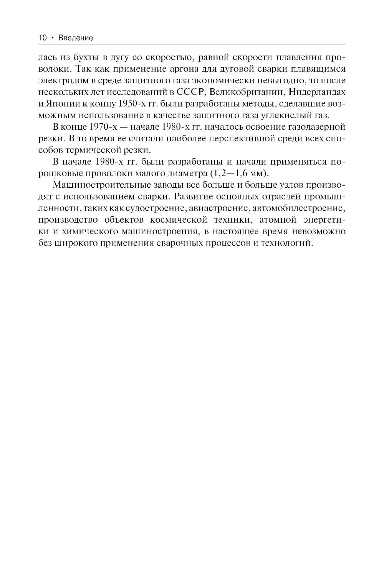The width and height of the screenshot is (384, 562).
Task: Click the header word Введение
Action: [76, 38]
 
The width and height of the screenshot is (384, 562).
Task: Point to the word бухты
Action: [82, 58]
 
